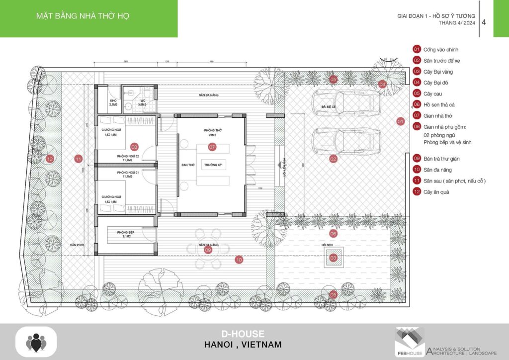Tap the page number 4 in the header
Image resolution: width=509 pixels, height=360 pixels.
(x=484, y=22)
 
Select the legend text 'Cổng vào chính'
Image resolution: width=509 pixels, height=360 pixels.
(x=441, y=50)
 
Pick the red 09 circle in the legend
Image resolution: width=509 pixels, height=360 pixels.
(x=417, y=159)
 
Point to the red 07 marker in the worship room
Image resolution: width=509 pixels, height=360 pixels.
(x=212, y=147)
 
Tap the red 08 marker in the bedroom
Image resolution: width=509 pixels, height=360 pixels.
(x=134, y=147)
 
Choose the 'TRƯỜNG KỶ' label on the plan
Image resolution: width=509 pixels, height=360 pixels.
(x=212, y=164)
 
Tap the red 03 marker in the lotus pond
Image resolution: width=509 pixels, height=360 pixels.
(x=334, y=258)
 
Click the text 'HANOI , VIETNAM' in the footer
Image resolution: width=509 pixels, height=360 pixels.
(x=243, y=345)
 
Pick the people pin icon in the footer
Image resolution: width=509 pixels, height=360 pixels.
(x=36, y=343)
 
